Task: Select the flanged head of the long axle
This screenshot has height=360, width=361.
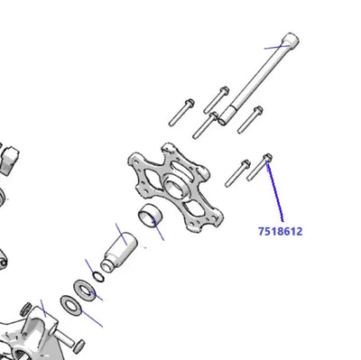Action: coord(291,40)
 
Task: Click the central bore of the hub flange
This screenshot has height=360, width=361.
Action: coord(173,187)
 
